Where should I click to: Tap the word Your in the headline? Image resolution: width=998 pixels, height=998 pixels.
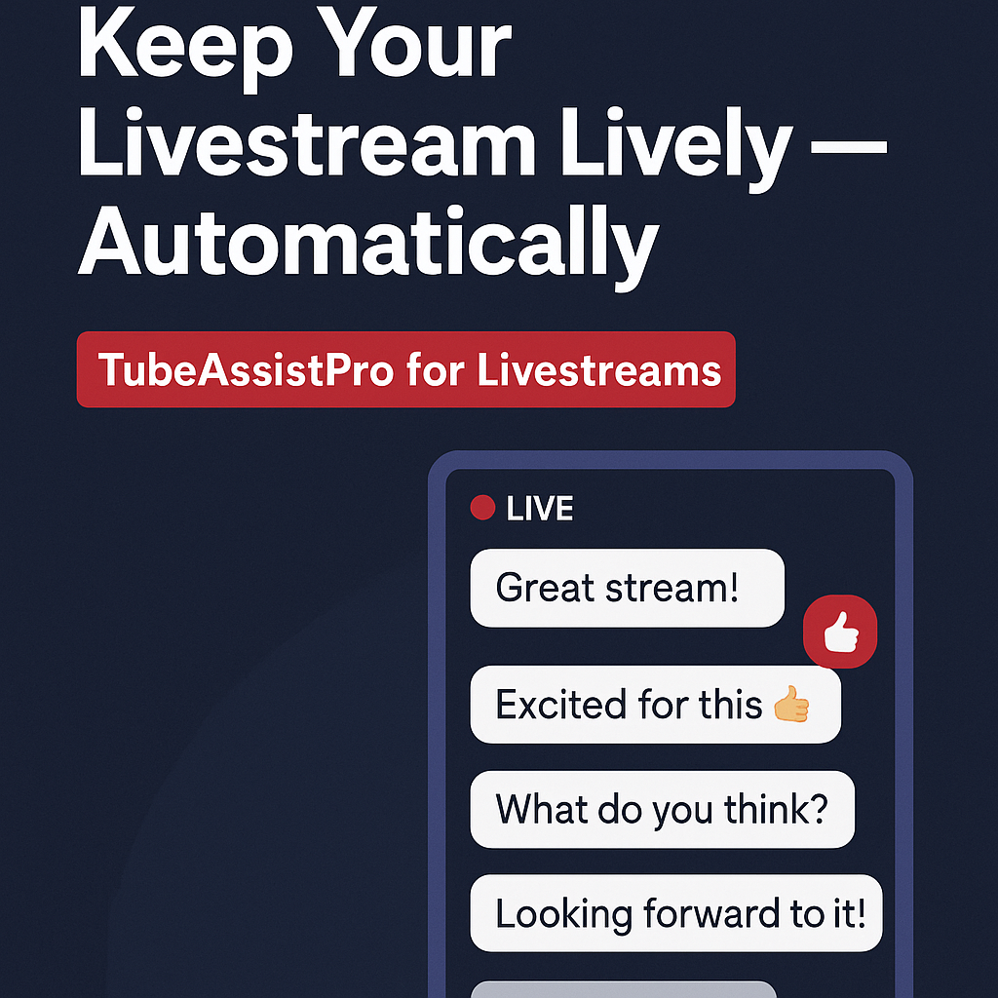pos(414,42)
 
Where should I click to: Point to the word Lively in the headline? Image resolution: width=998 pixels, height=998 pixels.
pos(676,149)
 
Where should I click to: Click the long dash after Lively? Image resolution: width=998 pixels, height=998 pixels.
pos(849,147)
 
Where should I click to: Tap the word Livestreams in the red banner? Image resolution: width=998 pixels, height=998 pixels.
pos(599,369)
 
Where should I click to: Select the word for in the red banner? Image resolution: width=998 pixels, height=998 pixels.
pos(436,369)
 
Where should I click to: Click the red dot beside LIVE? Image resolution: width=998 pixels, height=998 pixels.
pos(482,508)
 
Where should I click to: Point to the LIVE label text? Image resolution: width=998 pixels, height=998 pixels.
pos(540,509)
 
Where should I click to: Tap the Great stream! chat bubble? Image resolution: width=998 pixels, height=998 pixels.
pos(627,588)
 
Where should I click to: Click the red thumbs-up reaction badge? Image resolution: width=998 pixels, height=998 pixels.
pos(840,632)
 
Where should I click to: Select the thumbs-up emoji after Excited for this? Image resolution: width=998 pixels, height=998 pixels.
pos(791,704)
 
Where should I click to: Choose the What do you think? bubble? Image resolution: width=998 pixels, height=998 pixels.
pos(662,809)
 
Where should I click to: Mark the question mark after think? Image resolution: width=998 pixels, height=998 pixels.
pos(819,808)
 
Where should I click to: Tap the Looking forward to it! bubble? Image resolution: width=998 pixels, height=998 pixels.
pos(676,913)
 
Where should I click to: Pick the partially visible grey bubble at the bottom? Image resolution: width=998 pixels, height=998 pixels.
pos(624,990)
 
